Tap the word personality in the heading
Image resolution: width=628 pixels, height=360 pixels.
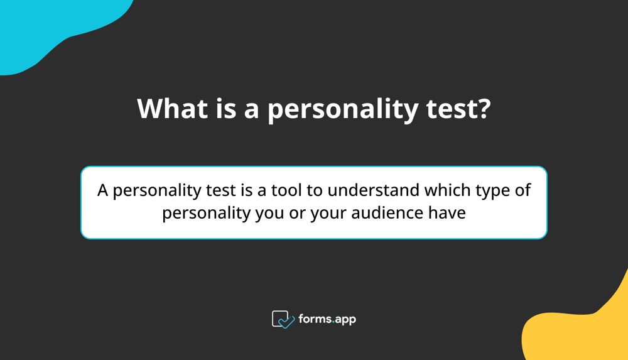343,109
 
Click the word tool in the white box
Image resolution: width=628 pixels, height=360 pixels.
292,190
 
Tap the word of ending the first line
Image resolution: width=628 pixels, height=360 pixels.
523,190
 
